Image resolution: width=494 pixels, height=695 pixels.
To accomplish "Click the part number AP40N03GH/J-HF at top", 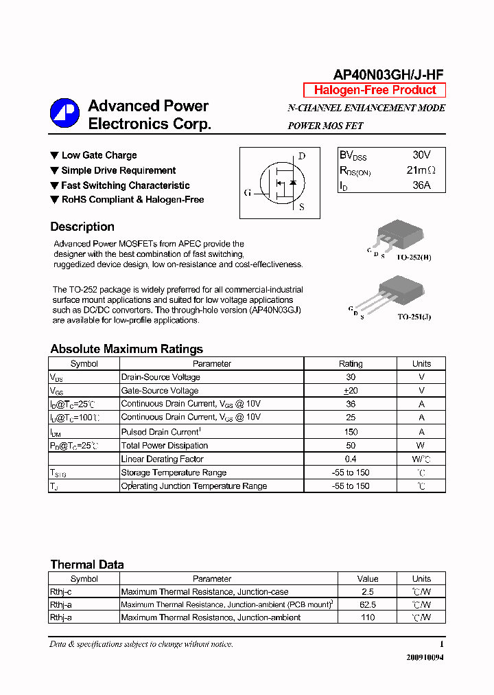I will click(389, 75).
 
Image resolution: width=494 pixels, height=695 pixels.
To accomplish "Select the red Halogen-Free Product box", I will click(375, 90).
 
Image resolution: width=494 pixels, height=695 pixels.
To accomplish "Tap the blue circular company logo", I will click(64, 114).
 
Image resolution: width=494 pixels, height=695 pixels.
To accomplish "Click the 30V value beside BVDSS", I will click(422, 155).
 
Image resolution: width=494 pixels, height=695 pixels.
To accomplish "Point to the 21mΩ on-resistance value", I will click(421, 170).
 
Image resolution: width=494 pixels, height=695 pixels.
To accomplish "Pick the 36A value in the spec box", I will click(421, 185).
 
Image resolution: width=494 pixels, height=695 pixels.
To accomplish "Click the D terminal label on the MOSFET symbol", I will click(301, 156).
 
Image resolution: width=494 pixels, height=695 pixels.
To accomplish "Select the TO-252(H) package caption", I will click(414, 257).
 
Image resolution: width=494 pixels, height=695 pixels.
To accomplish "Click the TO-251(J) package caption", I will click(414, 318).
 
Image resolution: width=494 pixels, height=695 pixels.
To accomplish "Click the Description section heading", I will click(82, 227).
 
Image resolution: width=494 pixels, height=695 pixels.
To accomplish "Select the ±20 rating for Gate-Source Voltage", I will click(351, 390).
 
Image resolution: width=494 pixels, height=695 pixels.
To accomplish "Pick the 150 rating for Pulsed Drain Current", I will click(351, 432).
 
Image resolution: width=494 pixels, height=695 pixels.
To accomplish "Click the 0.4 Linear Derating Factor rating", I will click(351, 459).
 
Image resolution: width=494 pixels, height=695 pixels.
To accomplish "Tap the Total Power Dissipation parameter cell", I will click(164, 446).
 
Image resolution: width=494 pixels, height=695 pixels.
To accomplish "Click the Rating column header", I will click(351, 363).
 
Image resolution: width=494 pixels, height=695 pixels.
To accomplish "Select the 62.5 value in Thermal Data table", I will click(368, 605).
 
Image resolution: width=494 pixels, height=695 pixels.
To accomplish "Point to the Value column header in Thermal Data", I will click(368, 579).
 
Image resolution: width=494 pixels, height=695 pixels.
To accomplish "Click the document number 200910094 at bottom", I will click(425, 657).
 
